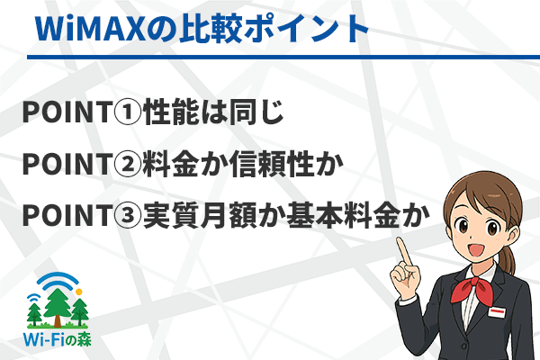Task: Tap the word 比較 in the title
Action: click(x=191, y=28)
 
